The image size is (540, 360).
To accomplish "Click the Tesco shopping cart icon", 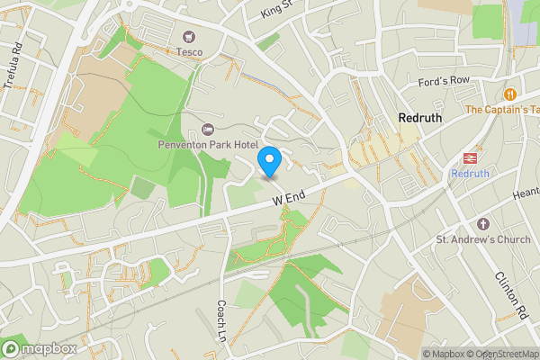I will tap(189, 36).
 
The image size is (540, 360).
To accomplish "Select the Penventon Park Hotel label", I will tap(208, 146).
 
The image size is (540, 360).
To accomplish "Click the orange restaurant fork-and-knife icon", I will tap(510, 94).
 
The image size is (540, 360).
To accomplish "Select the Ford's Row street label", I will tap(445, 81).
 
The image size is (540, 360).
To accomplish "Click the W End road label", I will tap(291, 197).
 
